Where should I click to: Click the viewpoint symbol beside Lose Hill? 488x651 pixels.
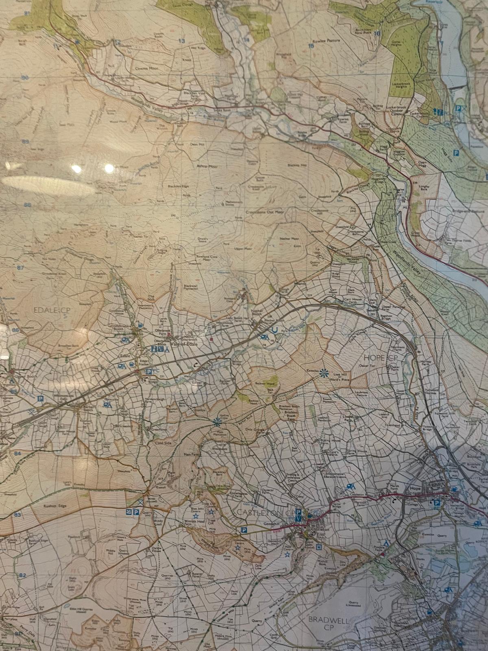tap(324, 372)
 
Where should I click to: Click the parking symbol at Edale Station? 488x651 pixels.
tap(149, 371)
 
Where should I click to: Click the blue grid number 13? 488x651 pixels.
tap(181, 41)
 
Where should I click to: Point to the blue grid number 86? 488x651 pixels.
tap(15, 330)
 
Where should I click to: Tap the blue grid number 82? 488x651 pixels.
tap(22, 575)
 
